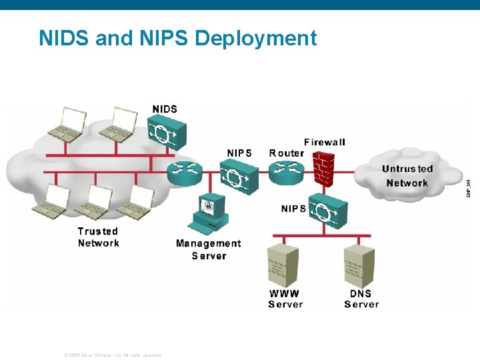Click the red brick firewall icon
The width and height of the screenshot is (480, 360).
point(325,169)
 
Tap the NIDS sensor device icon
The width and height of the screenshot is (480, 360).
point(165,132)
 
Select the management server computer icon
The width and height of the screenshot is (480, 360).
point(209,215)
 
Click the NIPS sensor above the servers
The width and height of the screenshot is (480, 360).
point(328,211)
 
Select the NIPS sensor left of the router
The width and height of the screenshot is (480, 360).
point(239,177)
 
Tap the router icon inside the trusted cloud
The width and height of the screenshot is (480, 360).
point(184,173)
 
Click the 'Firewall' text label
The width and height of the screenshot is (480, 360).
point(325,142)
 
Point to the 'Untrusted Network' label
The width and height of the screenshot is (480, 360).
point(407,176)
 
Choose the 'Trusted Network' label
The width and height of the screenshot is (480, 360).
point(98,237)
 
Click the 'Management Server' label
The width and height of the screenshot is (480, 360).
point(209,249)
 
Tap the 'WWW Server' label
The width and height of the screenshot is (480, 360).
point(285,299)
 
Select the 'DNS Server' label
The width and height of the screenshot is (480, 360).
point(361,299)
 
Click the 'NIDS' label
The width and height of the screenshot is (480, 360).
point(165,109)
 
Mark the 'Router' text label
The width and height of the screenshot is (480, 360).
point(286,153)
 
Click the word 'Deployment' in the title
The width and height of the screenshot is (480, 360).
point(255,38)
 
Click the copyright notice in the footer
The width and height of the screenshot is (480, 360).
point(113,355)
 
